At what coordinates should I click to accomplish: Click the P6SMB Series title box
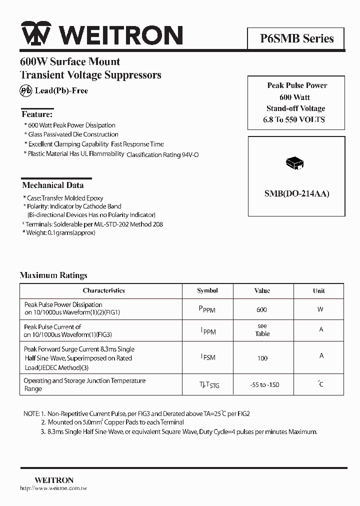click(x=296, y=38)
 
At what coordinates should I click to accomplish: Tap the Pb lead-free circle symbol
click(x=25, y=90)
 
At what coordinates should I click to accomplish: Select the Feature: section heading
click(x=36, y=114)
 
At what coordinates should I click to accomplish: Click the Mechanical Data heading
click(x=52, y=185)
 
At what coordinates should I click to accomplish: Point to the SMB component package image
click(x=295, y=163)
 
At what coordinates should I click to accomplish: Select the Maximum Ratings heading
click(x=53, y=275)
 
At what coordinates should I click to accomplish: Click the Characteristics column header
click(x=103, y=290)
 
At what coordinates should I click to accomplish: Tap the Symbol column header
click(x=207, y=290)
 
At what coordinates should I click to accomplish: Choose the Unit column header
click(x=318, y=290)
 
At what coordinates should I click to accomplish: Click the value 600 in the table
click(x=261, y=310)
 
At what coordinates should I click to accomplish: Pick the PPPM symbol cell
click(x=207, y=309)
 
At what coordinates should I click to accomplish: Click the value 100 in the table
click(x=262, y=358)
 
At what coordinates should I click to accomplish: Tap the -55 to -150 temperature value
click(x=264, y=385)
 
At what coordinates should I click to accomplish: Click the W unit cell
click(x=320, y=309)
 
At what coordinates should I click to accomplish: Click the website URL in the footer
click(x=53, y=488)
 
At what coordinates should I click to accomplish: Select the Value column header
click(x=262, y=290)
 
